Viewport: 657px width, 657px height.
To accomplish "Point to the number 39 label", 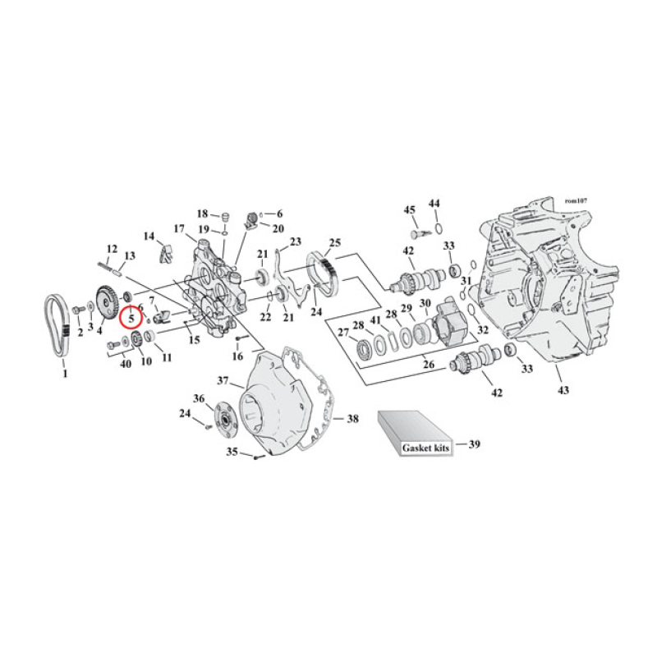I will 474,444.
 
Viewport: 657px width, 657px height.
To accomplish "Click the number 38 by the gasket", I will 352,419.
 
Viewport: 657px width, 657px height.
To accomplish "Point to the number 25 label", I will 334,242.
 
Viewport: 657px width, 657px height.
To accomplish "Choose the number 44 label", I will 434,203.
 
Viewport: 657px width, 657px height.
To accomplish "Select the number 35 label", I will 232,452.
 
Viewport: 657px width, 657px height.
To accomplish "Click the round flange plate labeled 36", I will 223,418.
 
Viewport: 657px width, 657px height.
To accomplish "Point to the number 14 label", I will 149,237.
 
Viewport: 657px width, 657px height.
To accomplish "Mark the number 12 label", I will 113,248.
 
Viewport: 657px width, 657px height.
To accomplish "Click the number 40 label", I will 126,364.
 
